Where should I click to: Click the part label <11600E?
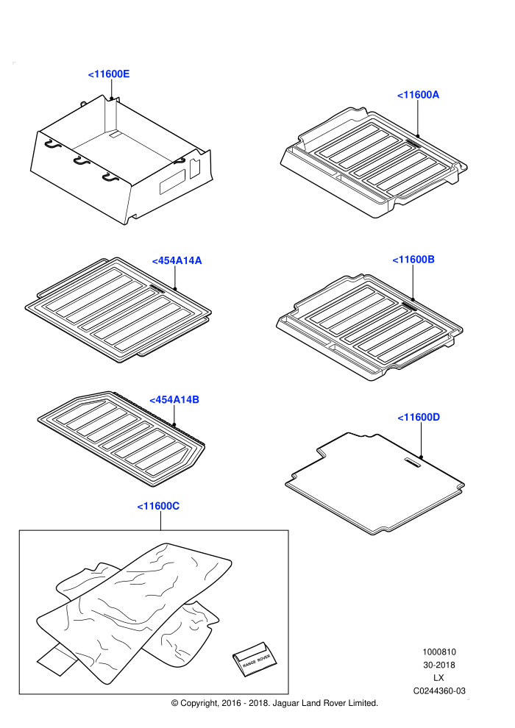click(109, 74)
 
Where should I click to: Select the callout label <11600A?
click(418, 95)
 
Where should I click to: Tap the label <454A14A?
click(177, 260)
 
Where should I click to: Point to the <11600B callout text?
click(413, 260)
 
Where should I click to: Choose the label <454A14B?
click(174, 400)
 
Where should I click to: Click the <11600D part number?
click(419, 418)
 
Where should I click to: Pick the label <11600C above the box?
click(158, 506)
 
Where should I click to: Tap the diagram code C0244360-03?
click(439, 691)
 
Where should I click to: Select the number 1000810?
click(438, 652)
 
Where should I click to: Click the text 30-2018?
click(438, 665)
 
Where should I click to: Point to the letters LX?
click(438, 678)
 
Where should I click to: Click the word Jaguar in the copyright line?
click(286, 704)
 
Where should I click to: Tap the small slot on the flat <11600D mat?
click(413, 463)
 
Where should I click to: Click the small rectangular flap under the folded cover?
click(57, 659)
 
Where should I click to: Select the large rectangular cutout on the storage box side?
click(172, 182)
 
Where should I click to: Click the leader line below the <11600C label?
click(160, 521)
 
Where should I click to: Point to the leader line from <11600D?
click(421, 440)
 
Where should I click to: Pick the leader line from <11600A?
click(417, 118)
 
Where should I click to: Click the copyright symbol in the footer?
click(174, 704)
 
